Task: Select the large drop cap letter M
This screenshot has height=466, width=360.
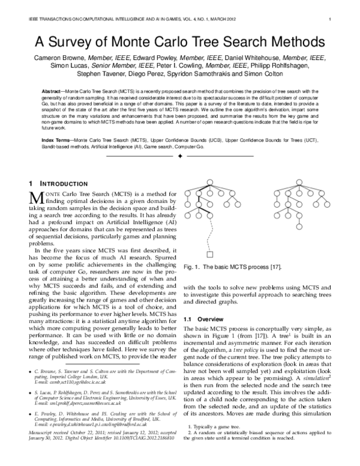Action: click(35, 198)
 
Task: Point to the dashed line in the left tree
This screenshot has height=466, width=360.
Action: click(210, 231)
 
